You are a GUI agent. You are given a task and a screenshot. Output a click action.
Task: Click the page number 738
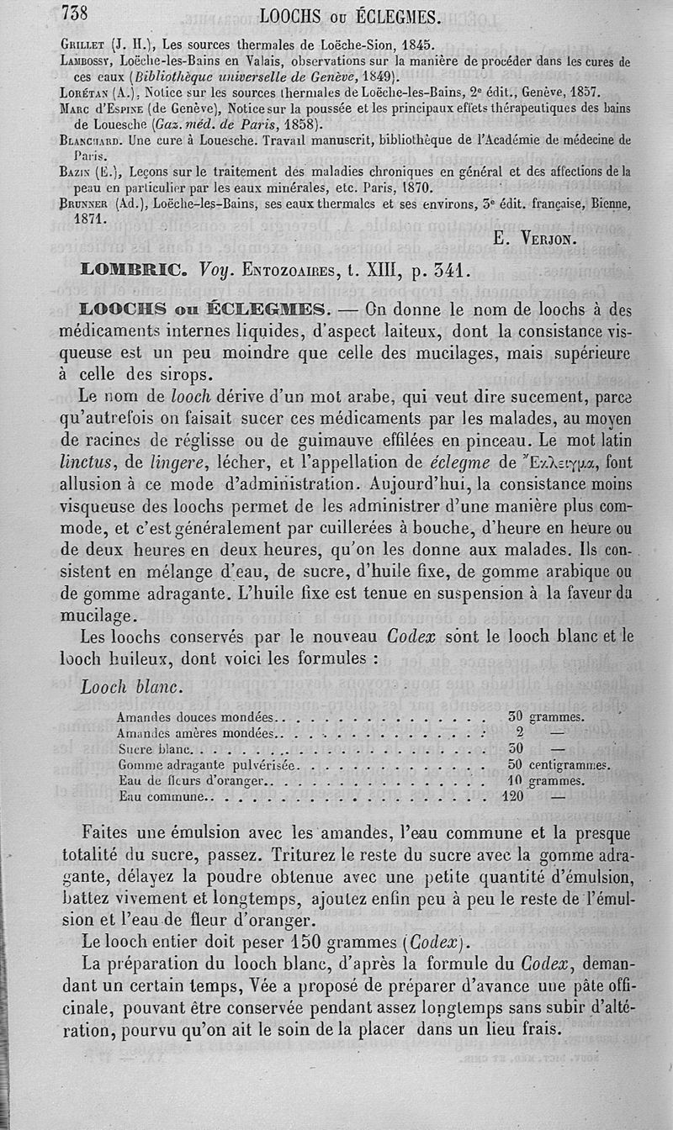(x=80, y=13)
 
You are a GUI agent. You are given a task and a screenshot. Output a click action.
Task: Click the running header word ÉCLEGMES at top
(x=398, y=16)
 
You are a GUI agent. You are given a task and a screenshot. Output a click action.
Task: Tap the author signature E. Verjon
(x=535, y=238)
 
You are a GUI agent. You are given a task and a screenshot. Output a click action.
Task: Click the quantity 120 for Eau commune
(x=512, y=796)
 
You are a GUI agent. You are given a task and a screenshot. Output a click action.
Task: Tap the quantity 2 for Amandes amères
(x=520, y=733)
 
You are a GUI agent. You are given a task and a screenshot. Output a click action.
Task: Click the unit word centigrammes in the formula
(x=569, y=765)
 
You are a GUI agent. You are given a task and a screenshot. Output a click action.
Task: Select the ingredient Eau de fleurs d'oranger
(x=193, y=781)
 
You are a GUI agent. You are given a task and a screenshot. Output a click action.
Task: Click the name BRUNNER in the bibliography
(x=90, y=203)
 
